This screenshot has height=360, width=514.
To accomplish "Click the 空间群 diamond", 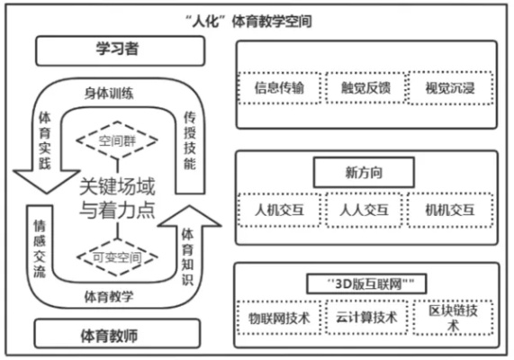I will pos(117,140).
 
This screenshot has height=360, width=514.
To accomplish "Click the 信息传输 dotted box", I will pos(280,87).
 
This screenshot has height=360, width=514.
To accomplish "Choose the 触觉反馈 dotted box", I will pos(365,87).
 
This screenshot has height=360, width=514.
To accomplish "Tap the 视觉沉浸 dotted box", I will pos(450,87).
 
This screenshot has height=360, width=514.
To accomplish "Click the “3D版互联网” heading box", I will pos(364,283).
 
